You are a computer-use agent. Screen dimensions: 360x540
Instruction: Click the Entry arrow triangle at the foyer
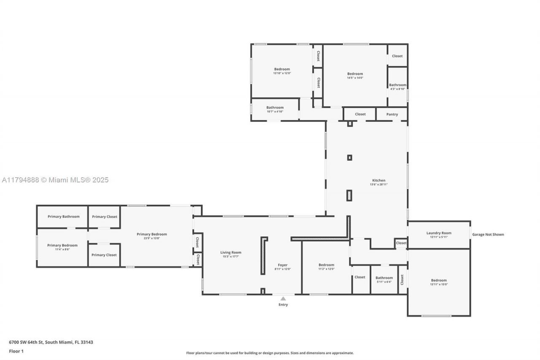pyautogui.click(x=283, y=299)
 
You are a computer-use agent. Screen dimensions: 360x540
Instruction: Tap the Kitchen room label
pyautogui.click(x=378, y=180)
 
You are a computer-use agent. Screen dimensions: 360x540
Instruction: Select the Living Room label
pyautogui.click(x=231, y=252)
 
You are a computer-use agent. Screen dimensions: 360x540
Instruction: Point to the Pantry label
pyautogui.click(x=392, y=114)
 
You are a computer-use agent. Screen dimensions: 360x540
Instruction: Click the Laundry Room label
pyautogui.click(x=439, y=233)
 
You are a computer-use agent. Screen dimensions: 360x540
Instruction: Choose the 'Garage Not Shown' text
pyautogui.click(x=488, y=235)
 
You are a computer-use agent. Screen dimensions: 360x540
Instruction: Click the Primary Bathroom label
pyautogui.click(x=63, y=217)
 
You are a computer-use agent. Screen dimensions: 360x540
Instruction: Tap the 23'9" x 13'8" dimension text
pyautogui.click(x=152, y=238)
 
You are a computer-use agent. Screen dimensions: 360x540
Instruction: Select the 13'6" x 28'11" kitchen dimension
pyautogui.click(x=378, y=184)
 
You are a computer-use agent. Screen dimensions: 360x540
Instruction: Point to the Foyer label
pyautogui.click(x=282, y=265)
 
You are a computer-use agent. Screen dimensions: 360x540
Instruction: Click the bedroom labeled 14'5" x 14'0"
pyautogui.click(x=355, y=74)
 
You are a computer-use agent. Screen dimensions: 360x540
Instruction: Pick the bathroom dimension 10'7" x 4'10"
pyautogui.click(x=275, y=111)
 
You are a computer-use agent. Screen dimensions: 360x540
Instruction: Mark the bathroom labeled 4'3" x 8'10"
pyautogui.click(x=397, y=85)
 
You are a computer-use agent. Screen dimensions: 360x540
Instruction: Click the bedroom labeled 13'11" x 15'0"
pyautogui.click(x=439, y=280)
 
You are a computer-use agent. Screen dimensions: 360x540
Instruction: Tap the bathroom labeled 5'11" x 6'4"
pyautogui.click(x=384, y=278)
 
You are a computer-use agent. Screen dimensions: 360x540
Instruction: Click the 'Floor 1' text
pyautogui.click(x=16, y=351)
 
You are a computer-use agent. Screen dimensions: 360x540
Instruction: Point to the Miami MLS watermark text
pyautogui.click(x=55, y=180)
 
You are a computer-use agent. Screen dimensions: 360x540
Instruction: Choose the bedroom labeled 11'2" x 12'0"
pyautogui.click(x=326, y=265)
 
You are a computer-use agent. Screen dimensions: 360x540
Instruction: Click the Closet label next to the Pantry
pyautogui.click(x=360, y=114)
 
